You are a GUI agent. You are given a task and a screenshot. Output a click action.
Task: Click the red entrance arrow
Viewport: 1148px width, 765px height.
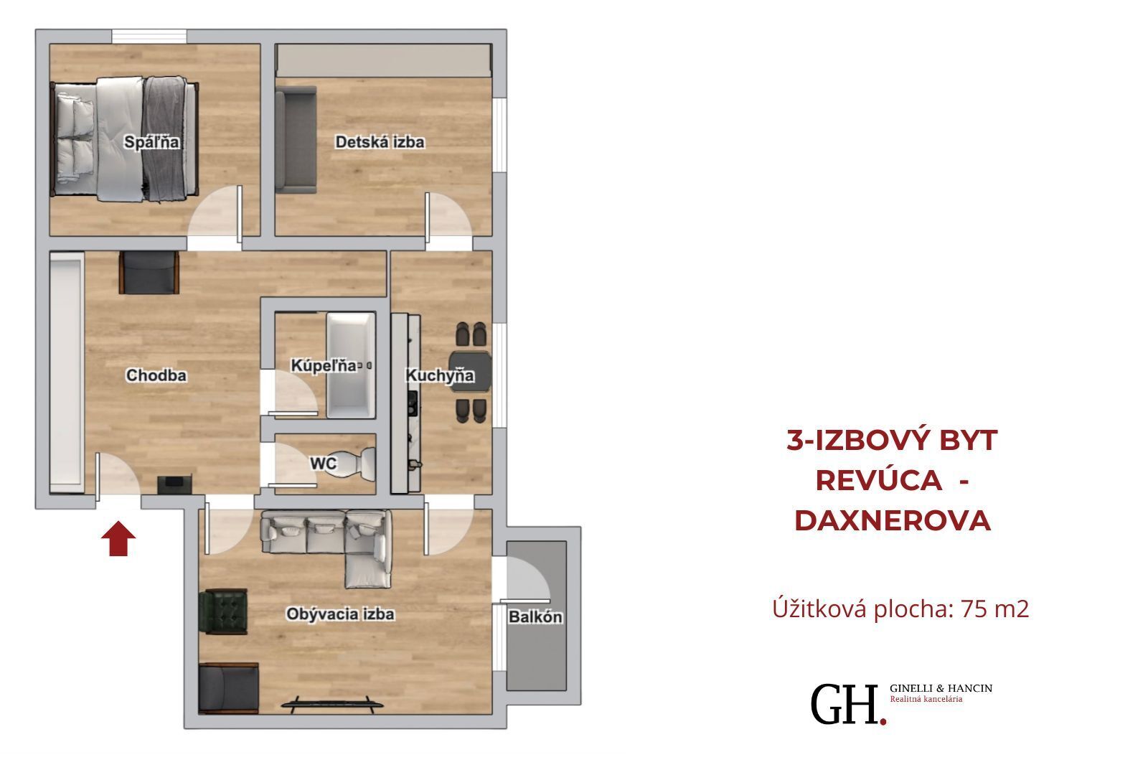[x=118, y=538]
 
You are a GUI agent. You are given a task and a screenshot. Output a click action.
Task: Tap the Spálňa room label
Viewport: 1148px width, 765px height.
[x=151, y=142]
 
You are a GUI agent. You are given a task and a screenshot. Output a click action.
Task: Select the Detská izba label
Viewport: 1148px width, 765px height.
[x=380, y=142]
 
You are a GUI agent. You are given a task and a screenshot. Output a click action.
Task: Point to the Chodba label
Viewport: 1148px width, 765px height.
[x=156, y=375]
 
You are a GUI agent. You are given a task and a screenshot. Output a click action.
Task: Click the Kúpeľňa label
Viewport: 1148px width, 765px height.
[x=324, y=365]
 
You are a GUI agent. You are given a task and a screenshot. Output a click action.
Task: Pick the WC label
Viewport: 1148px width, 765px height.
[x=324, y=464]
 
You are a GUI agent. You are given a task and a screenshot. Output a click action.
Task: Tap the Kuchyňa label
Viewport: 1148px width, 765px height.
[x=440, y=376]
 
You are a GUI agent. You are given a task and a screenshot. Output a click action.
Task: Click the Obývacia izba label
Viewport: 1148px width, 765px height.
[x=340, y=614]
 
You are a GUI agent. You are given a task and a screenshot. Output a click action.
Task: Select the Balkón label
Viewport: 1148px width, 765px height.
[x=535, y=617]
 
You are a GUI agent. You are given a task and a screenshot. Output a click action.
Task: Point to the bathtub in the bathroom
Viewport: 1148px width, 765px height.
[x=351, y=365]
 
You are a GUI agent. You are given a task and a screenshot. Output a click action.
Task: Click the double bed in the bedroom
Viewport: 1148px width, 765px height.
[x=125, y=139]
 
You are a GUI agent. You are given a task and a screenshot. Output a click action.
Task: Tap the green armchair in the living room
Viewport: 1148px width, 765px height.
[x=223, y=611]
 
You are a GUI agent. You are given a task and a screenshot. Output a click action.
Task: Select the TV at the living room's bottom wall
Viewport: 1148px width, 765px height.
[x=332, y=705]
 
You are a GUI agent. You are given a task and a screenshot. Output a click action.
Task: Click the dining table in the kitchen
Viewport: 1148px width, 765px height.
[x=471, y=372]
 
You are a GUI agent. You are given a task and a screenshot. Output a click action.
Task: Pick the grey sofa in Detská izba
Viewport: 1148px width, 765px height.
[x=295, y=140]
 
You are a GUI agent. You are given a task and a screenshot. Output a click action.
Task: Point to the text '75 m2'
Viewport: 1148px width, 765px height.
[x=994, y=609]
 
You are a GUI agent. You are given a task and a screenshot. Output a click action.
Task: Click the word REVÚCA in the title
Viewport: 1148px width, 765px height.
[x=878, y=480]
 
